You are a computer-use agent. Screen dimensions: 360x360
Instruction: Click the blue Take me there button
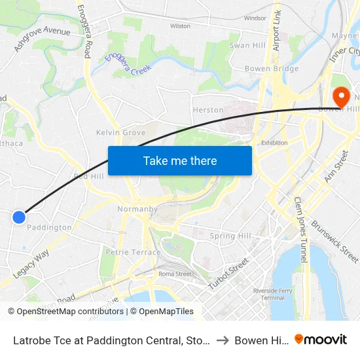point(180,160)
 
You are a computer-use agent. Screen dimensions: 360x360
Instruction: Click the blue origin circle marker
point(19,217)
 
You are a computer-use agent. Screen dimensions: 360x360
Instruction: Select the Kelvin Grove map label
point(120,132)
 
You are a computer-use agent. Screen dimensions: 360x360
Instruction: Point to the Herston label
point(207,110)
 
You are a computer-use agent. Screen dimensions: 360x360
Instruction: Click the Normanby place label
point(137,209)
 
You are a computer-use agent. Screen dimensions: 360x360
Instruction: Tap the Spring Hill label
point(230,236)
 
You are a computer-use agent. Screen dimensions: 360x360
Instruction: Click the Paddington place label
point(49,228)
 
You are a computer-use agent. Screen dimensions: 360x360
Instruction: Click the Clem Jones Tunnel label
point(300,230)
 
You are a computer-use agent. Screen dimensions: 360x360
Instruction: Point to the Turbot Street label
point(228,274)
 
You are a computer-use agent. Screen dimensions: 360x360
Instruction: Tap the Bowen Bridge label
point(271,69)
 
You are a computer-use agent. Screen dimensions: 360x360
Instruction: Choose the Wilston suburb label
point(180,26)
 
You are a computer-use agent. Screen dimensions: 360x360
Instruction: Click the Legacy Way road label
point(31,264)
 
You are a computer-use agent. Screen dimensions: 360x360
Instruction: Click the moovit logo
point(321,339)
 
